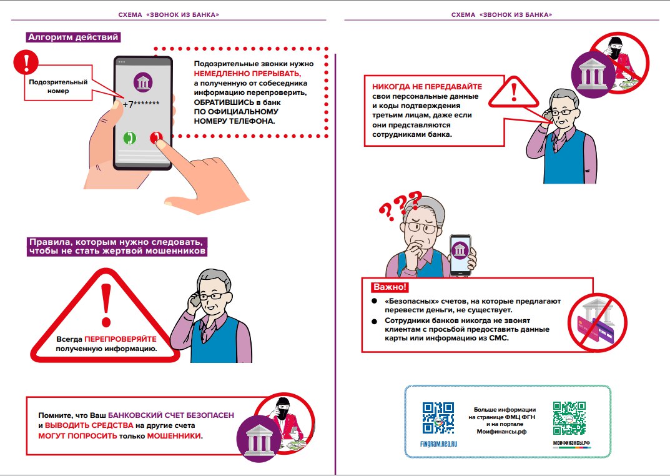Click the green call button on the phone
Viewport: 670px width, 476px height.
coord(130,138)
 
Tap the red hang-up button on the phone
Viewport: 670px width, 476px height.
coord(155,138)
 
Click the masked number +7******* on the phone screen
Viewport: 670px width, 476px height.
coord(141,104)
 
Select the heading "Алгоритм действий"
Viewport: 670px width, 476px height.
coord(73,37)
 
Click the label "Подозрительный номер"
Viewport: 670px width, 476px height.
coord(58,86)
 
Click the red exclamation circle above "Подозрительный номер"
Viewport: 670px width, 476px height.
coord(26,62)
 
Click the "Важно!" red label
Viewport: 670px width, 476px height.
coord(390,287)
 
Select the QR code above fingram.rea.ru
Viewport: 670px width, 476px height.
coord(438,417)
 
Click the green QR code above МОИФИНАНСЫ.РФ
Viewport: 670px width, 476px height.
coord(569,417)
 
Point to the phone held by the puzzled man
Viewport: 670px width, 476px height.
coord(460,255)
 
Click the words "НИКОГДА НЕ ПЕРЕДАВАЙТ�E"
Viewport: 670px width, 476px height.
coord(427,87)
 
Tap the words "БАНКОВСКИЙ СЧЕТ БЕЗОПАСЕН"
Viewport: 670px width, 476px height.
coord(172,415)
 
